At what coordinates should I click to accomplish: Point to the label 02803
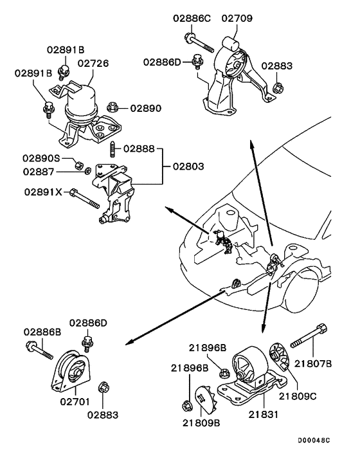click(x=188, y=166)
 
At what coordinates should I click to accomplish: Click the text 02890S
click(x=43, y=158)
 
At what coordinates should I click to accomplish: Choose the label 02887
click(x=40, y=172)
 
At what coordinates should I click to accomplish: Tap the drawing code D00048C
click(x=313, y=442)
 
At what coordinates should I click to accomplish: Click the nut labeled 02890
click(x=111, y=107)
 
